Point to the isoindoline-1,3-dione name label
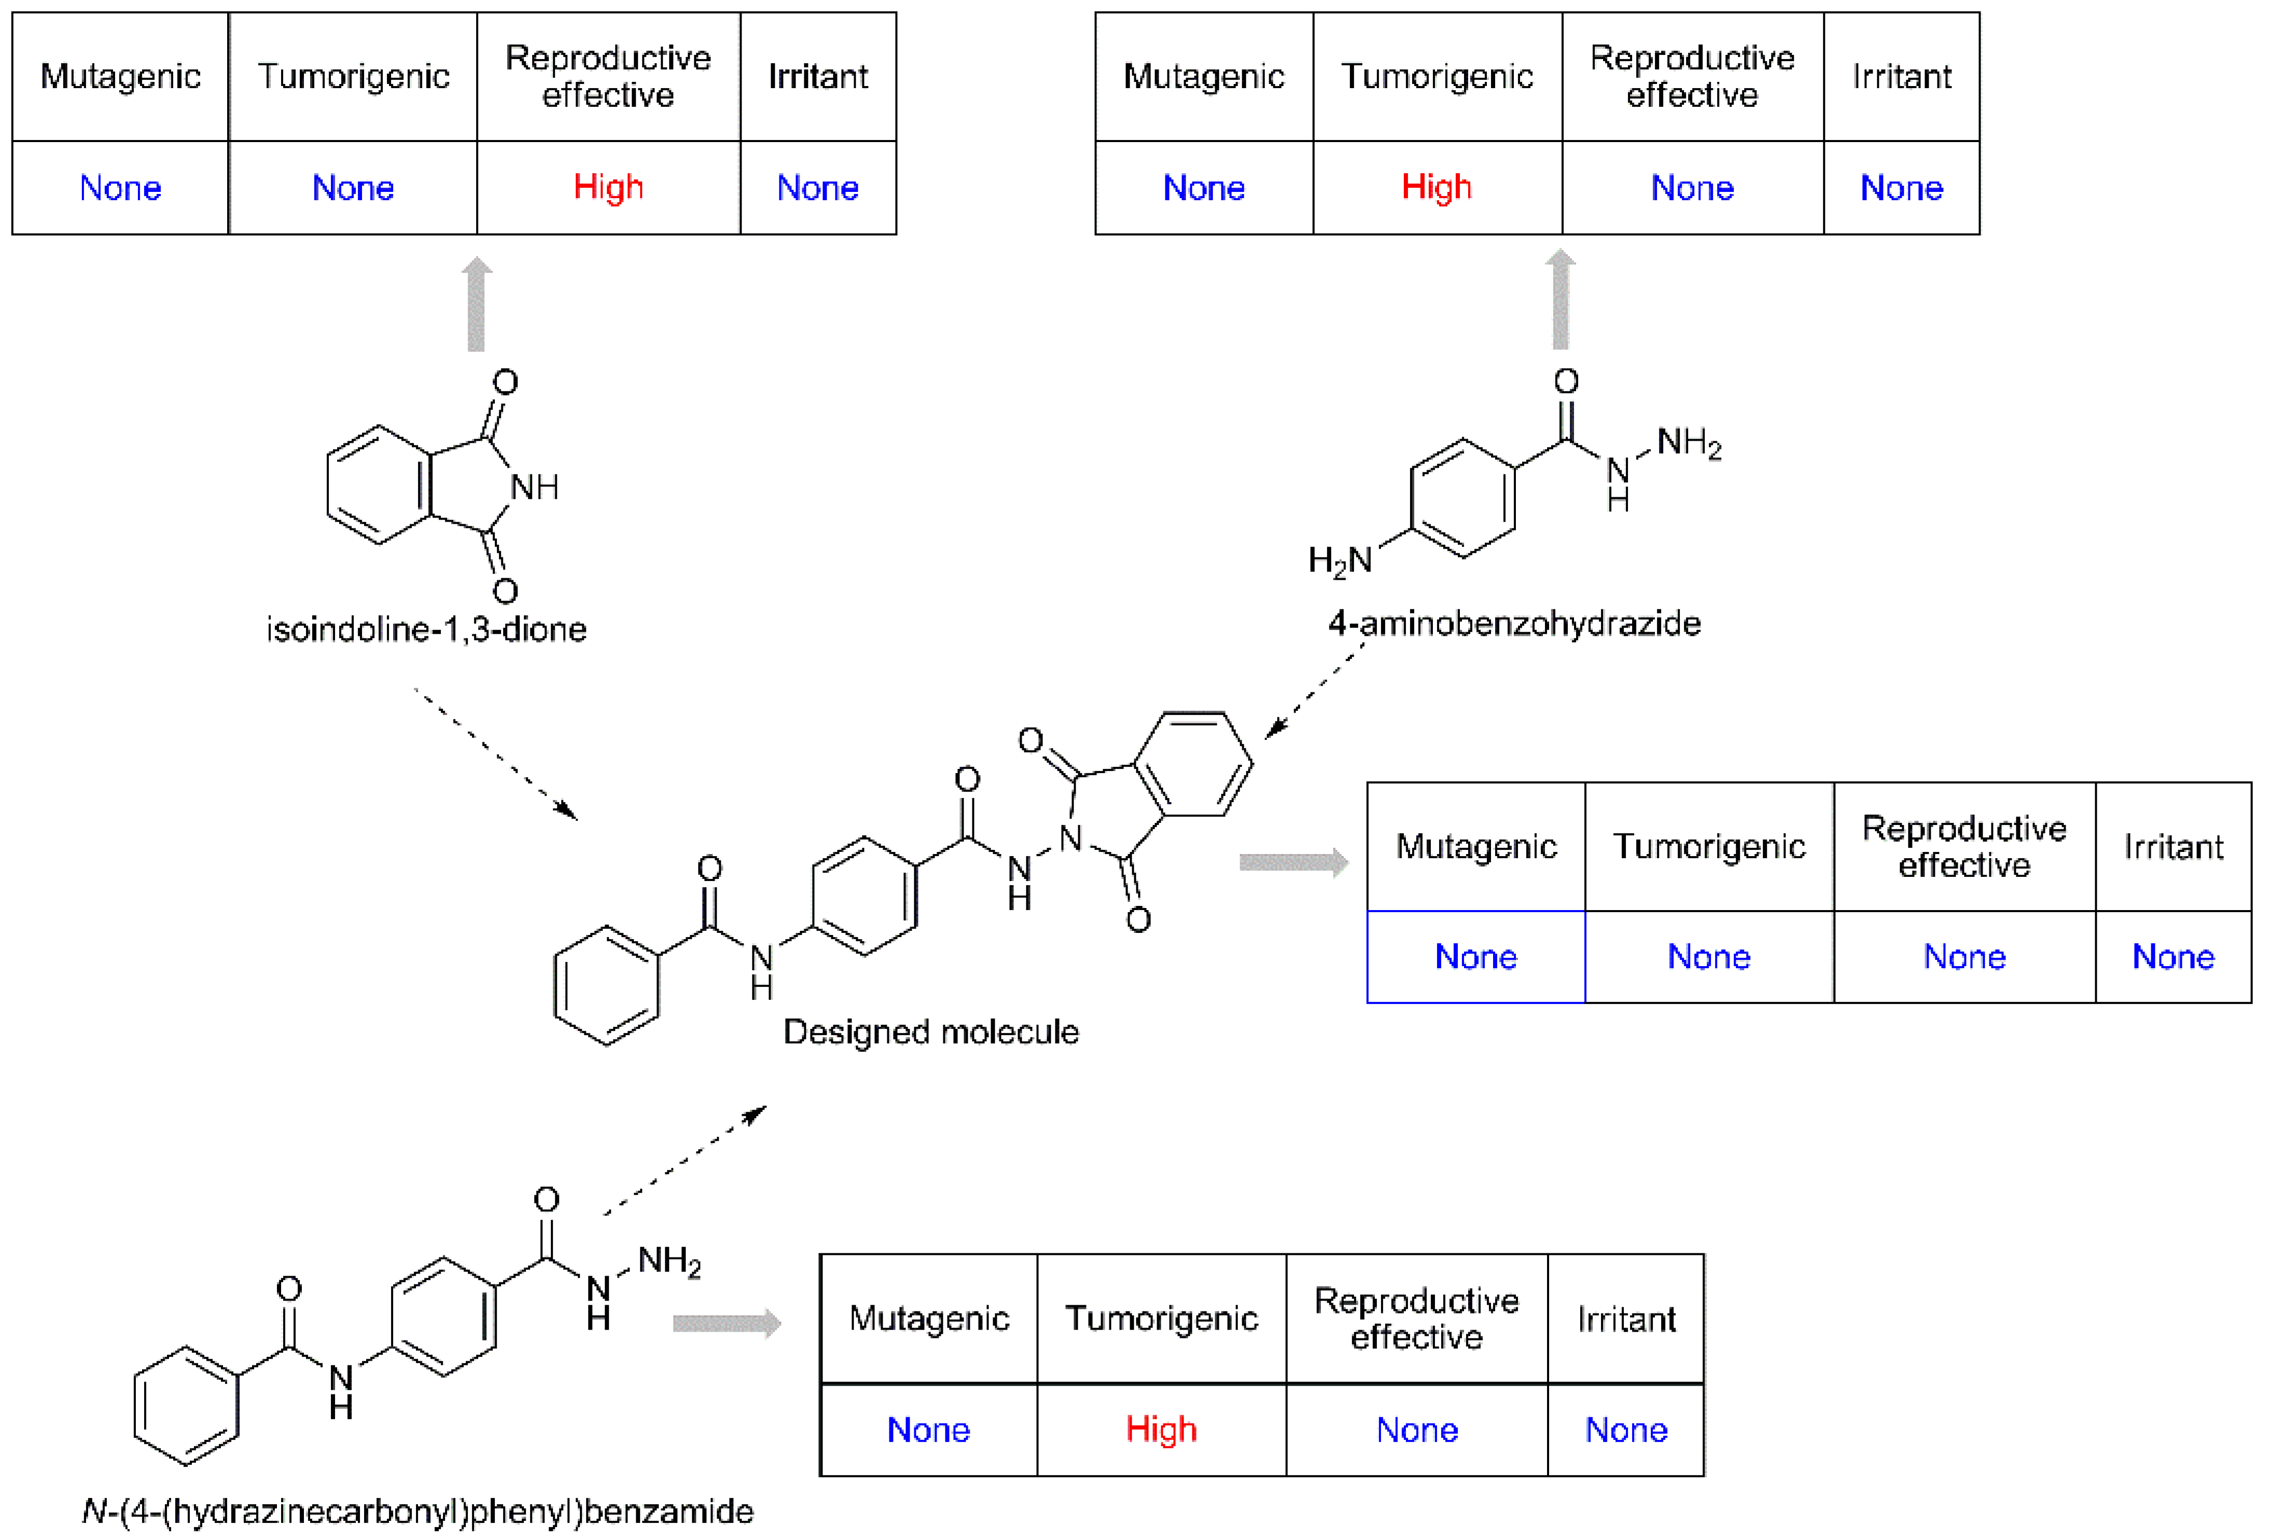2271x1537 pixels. [426, 629]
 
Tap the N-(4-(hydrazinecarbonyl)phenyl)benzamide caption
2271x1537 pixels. [417, 1512]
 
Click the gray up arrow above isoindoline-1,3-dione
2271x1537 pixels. [477, 303]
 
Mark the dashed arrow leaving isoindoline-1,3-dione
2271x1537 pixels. [496, 754]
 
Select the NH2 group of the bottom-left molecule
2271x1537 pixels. [670, 1262]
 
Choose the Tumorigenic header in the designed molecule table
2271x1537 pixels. [1708, 846]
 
